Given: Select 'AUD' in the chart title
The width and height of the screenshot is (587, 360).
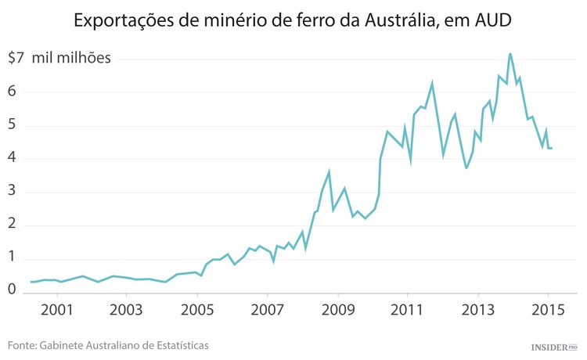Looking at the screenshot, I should click(x=492, y=21).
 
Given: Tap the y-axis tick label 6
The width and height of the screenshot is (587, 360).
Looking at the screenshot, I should click(x=13, y=92).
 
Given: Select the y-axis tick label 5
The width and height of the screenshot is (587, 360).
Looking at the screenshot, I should click(x=13, y=125).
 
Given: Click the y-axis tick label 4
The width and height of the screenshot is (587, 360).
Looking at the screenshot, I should click(x=13, y=159).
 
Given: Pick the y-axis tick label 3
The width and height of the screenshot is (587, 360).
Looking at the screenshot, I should click(x=13, y=193).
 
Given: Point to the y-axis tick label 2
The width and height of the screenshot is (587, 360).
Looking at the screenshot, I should click(x=13, y=226).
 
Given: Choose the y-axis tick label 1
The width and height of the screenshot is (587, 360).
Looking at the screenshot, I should click(x=13, y=259).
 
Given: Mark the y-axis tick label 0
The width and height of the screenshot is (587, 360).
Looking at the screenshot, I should click(x=13, y=290).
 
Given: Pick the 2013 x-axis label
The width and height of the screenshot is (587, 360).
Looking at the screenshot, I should click(x=478, y=309).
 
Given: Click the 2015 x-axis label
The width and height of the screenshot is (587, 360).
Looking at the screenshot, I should click(x=548, y=309).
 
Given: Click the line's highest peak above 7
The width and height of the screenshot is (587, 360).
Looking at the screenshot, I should click(x=510, y=54).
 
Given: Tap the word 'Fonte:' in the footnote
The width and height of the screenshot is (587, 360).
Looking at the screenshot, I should click(x=23, y=345).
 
